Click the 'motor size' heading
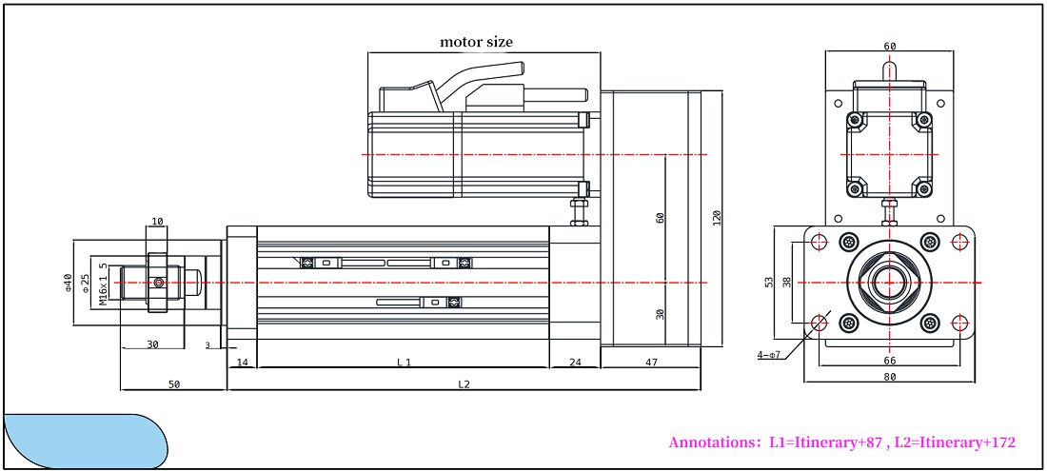click(476, 42)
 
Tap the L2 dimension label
click(464, 384)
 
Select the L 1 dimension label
click(404, 362)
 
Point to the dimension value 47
click(651, 362)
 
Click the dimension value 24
click(575, 362)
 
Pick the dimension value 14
click(242, 362)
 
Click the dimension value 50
click(174, 384)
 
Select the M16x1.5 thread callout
click(104, 285)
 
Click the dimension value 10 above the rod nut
click(157, 222)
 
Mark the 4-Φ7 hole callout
click(768, 355)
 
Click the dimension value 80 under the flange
click(890, 376)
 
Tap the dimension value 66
click(890, 361)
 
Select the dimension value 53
click(769, 283)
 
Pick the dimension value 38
click(786, 283)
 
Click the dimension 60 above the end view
click(890, 46)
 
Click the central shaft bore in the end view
click(890, 283)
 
